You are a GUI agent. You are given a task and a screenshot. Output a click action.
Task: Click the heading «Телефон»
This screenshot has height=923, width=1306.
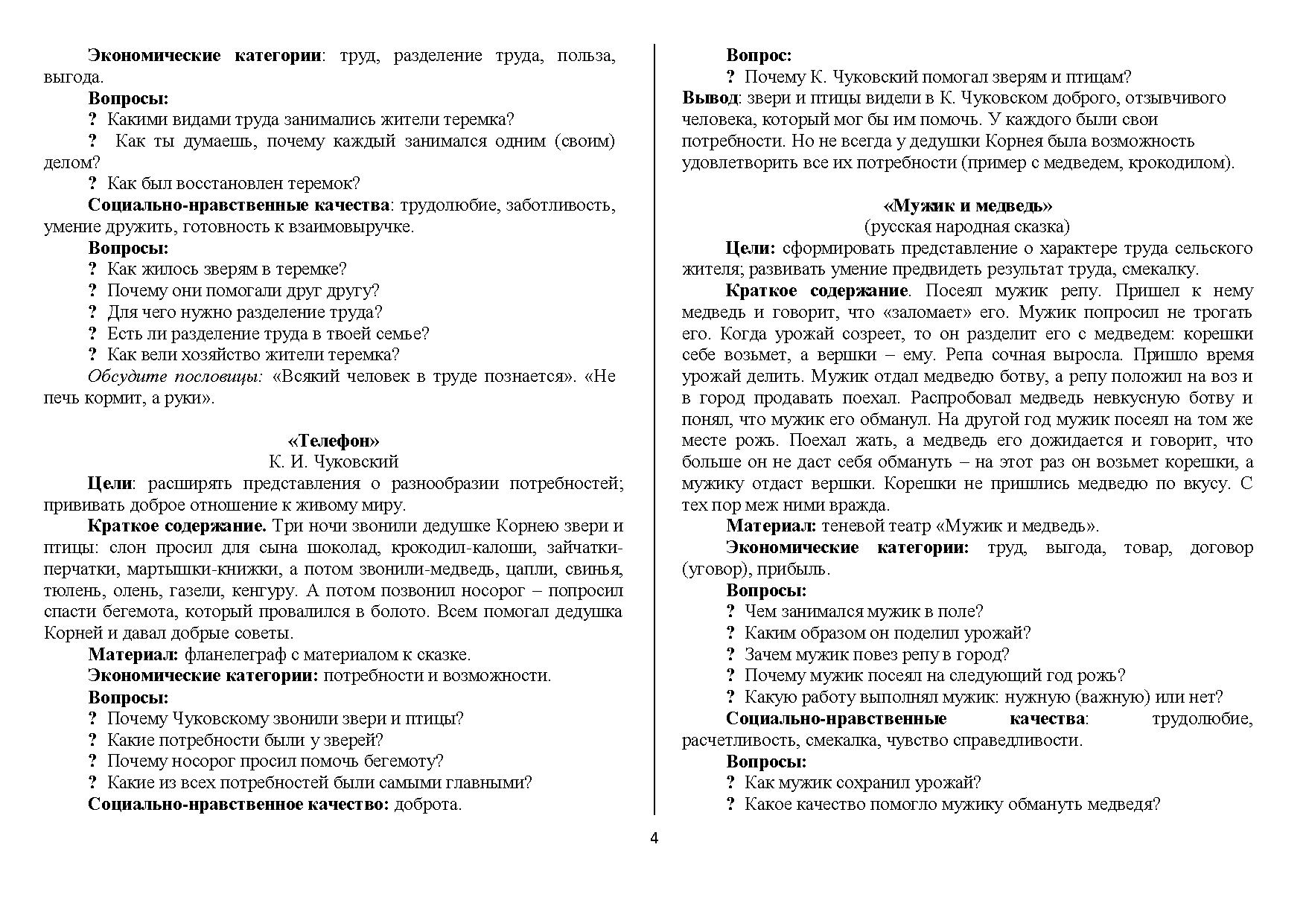pyautogui.click(x=333, y=441)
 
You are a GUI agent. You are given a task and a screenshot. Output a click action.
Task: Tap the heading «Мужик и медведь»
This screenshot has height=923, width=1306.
pyautogui.click(x=967, y=205)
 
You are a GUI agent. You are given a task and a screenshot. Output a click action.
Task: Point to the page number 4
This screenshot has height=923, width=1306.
pyautogui.click(x=654, y=839)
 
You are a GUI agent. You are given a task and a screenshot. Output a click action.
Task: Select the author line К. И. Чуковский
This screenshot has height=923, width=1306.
pyautogui.click(x=333, y=462)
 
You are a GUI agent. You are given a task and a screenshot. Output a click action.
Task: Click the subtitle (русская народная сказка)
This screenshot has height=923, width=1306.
pyautogui.click(x=966, y=226)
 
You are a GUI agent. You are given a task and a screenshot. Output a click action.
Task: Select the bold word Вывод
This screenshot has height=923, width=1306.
pyautogui.click(x=710, y=98)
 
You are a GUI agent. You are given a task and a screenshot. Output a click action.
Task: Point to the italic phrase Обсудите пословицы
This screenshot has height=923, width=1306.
pyautogui.click(x=175, y=377)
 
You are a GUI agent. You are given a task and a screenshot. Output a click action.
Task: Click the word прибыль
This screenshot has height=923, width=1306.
pyautogui.click(x=799, y=569)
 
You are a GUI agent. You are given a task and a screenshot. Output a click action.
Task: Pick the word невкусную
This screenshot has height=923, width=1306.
pyautogui.click(x=1139, y=398)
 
